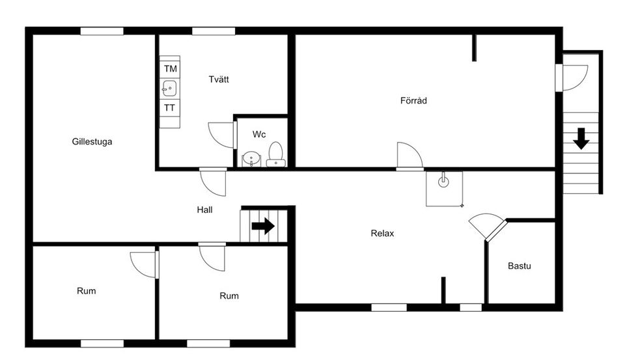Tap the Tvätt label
[x=219, y=79]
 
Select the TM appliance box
[x=170, y=68]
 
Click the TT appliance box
[x=169, y=108]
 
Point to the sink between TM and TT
[x=169, y=88]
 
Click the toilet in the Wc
[x=276, y=154]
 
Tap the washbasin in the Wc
[x=251, y=159]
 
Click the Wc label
[x=259, y=135]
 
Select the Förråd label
[x=413, y=101]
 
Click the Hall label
[x=204, y=210]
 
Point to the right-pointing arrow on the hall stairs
[x=263, y=226]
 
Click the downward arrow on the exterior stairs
[x=581, y=139]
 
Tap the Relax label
[x=382, y=234]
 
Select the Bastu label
[x=520, y=266]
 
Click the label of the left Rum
[x=86, y=291]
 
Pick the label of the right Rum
[x=229, y=296]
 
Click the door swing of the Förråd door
[x=409, y=156]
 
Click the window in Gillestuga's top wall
[x=102, y=31]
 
